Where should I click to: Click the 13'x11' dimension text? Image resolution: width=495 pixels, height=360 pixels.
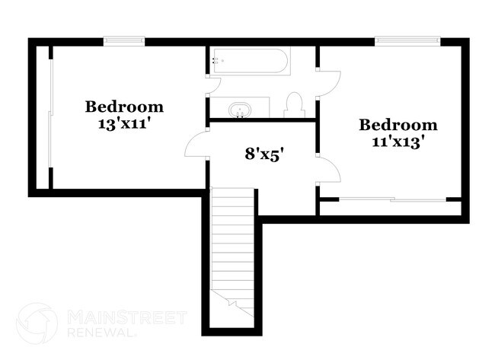[x=123, y=123]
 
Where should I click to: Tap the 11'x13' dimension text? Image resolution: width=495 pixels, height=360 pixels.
[x=397, y=142]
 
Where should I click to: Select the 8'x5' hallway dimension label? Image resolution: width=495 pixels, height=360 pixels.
[x=262, y=155]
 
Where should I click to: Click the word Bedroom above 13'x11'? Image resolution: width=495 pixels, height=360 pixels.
[x=124, y=107]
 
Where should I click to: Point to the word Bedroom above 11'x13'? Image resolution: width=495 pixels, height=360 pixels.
[x=398, y=125]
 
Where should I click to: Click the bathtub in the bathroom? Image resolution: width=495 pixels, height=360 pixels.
[x=250, y=61]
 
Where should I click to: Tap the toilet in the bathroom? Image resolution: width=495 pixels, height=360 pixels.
[x=294, y=105]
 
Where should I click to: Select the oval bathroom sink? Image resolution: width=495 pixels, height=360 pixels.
[x=240, y=110]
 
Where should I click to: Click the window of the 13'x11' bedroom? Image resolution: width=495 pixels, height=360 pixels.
[x=123, y=40]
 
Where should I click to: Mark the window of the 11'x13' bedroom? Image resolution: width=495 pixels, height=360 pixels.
[x=407, y=40]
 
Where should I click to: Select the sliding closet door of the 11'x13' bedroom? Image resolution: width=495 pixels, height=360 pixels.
[x=392, y=199]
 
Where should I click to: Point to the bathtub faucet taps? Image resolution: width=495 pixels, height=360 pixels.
[x=216, y=61]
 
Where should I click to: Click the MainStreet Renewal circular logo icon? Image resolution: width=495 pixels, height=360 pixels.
[x=37, y=323]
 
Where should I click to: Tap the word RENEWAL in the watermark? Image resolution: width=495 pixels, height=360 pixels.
[x=101, y=332]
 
